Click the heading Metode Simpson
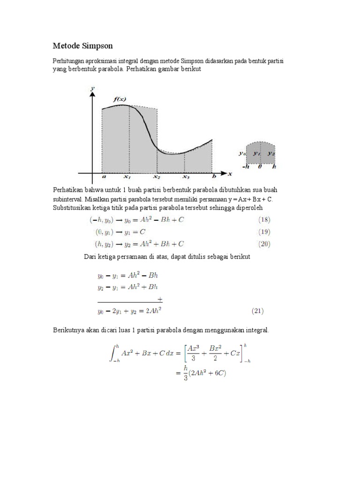pos(82,46)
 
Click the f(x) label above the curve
pos(120,99)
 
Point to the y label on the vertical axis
pos(93,88)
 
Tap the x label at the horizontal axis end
pos(230,174)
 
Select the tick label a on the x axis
pos(104,177)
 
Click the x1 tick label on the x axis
pos(127,177)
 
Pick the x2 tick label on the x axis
pos(156,177)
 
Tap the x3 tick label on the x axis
pos(186,177)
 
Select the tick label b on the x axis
pos(214,177)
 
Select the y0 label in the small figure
pos(241,153)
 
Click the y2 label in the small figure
pos(272,153)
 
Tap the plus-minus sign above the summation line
pos(160,298)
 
